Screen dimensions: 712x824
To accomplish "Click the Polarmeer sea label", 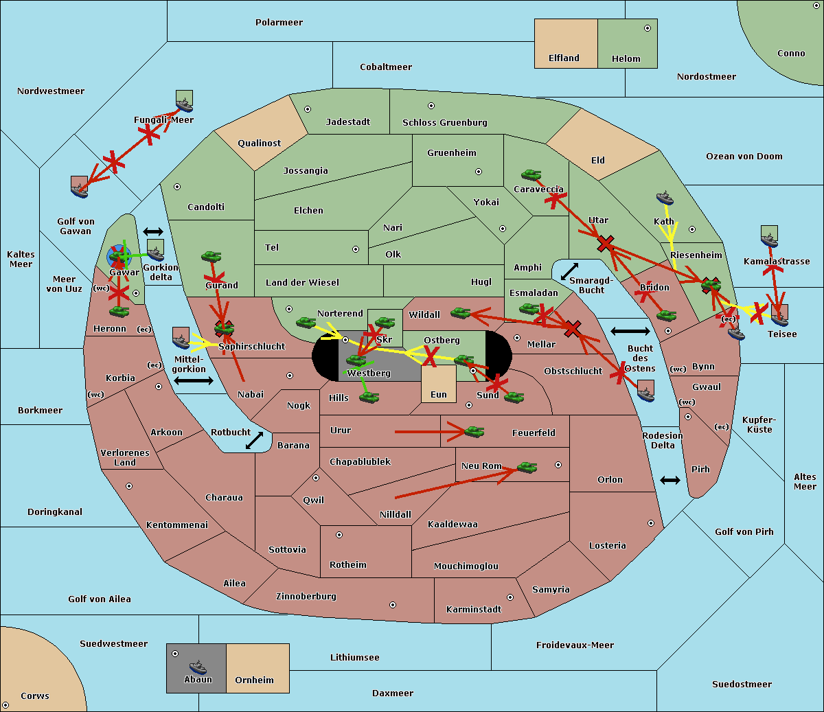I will click(x=279, y=23).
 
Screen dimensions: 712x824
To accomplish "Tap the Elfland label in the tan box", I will click(x=564, y=58).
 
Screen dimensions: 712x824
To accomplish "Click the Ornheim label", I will click(x=254, y=680).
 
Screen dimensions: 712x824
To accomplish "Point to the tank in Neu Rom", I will click(x=527, y=467).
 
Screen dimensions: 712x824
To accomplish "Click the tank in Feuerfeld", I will click(x=474, y=432).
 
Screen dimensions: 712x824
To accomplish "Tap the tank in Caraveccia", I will click(x=531, y=175).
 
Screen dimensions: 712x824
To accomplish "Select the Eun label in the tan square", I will click(x=439, y=395).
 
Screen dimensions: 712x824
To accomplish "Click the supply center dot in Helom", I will click(x=647, y=28).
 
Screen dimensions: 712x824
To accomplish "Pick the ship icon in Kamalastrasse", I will click(x=770, y=237).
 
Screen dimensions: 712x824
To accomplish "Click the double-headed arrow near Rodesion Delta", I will click(x=670, y=480).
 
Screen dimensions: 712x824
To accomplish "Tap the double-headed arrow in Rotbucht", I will click(x=255, y=440).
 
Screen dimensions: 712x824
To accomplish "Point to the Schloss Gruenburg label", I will click(x=444, y=123).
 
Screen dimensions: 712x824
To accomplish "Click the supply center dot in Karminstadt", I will click(x=510, y=597).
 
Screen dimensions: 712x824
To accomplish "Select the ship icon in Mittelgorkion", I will click(x=181, y=339).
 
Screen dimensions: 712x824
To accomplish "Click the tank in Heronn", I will click(x=119, y=312).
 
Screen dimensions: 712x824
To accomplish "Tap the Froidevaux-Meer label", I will click(x=575, y=645).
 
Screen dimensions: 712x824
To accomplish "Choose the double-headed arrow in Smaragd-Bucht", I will click(x=569, y=272).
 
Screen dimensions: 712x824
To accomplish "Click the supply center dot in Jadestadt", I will click(x=308, y=109).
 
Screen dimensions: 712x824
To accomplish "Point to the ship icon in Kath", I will click(x=664, y=198).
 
